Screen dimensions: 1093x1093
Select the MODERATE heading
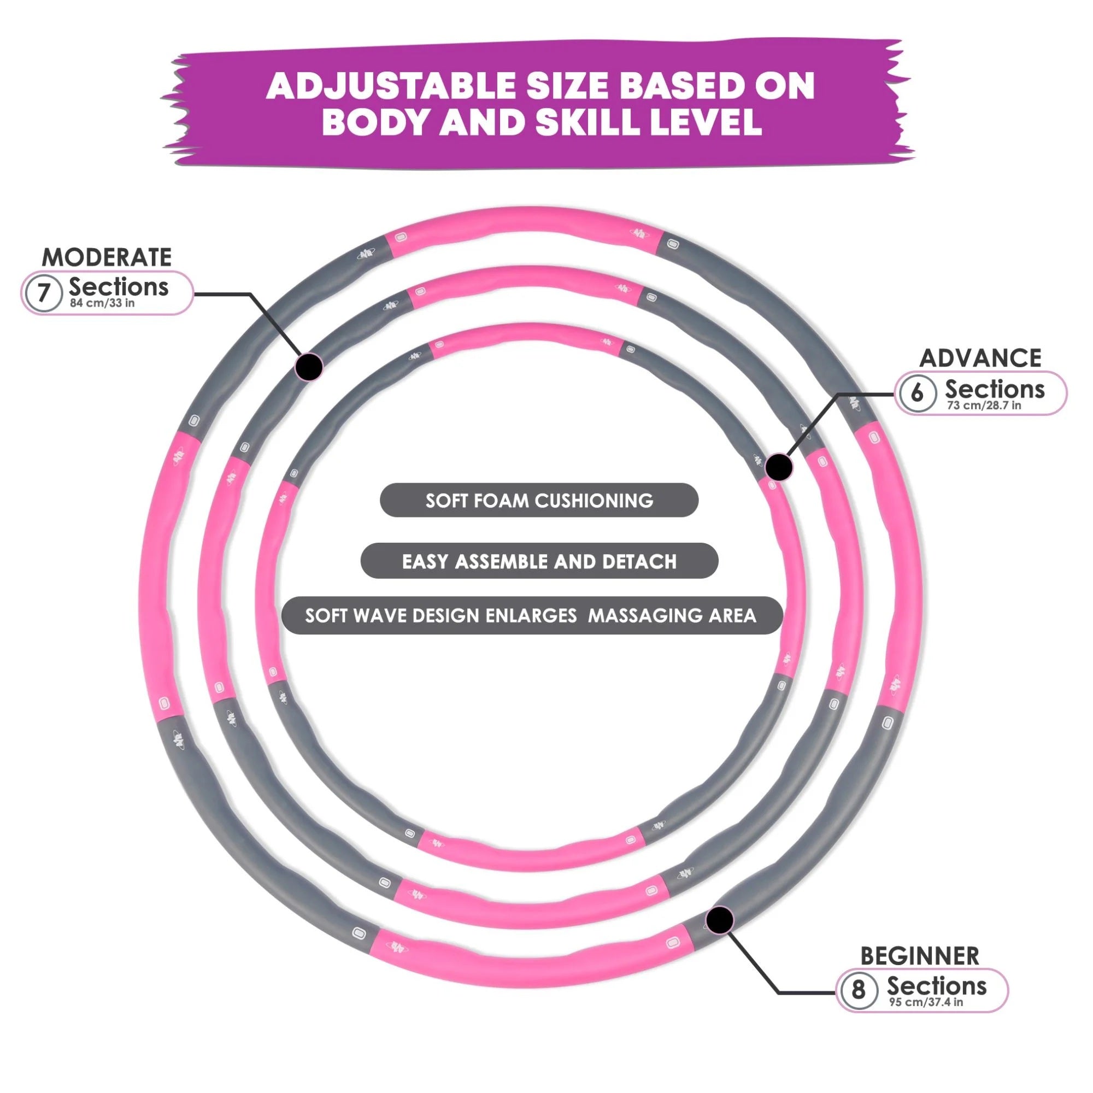click(107, 257)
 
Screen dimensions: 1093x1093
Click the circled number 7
click(44, 293)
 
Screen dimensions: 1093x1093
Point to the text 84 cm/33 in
click(102, 303)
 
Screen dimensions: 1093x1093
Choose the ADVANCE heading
click(980, 358)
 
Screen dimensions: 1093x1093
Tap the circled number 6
click(916, 392)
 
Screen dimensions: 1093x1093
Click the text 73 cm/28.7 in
click(984, 405)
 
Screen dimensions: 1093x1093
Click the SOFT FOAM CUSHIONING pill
click(539, 500)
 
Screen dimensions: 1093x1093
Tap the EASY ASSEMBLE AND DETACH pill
click(539, 561)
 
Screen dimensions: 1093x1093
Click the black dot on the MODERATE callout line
click(309, 366)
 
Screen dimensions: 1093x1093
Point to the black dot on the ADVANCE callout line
click(778, 467)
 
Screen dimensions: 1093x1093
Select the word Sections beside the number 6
click(995, 389)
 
